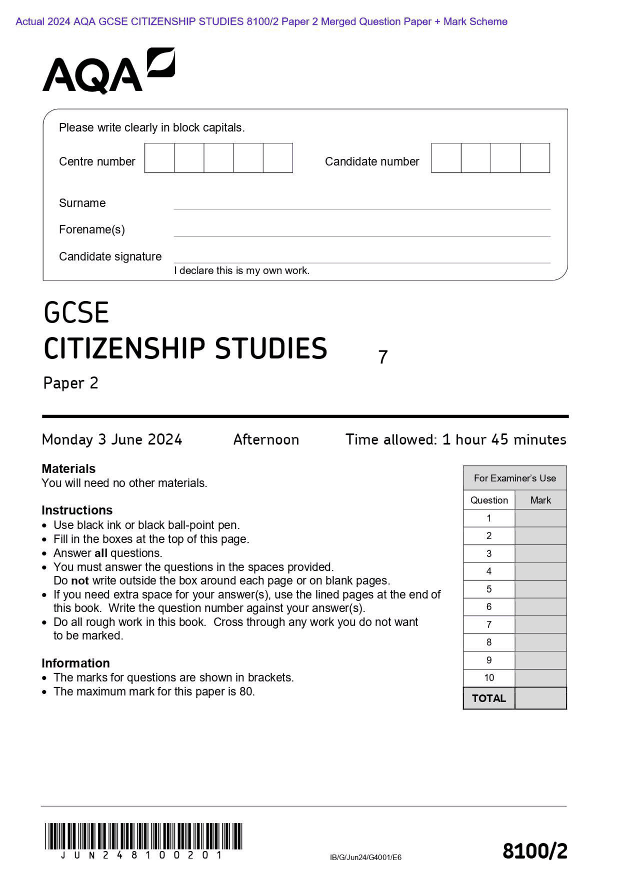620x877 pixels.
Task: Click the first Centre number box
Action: (x=159, y=158)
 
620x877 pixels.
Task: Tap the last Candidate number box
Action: (x=535, y=158)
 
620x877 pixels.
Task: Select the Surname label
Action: (x=82, y=203)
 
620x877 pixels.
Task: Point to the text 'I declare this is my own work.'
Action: (x=241, y=271)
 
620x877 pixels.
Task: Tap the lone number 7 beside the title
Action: (x=383, y=357)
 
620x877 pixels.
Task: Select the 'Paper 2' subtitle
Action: (x=71, y=383)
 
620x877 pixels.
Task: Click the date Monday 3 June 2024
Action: (x=112, y=440)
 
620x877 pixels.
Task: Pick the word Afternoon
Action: (x=266, y=440)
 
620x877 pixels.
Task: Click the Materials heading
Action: (x=68, y=469)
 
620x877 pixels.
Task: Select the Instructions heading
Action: (x=77, y=510)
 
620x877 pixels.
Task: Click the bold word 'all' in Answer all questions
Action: (x=101, y=553)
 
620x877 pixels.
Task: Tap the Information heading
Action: (x=76, y=663)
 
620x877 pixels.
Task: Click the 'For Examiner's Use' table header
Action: (x=514, y=478)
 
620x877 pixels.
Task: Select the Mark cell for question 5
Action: (x=540, y=589)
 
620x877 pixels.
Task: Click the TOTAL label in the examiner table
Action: (x=488, y=698)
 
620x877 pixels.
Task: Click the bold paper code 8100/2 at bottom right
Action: (x=534, y=851)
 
